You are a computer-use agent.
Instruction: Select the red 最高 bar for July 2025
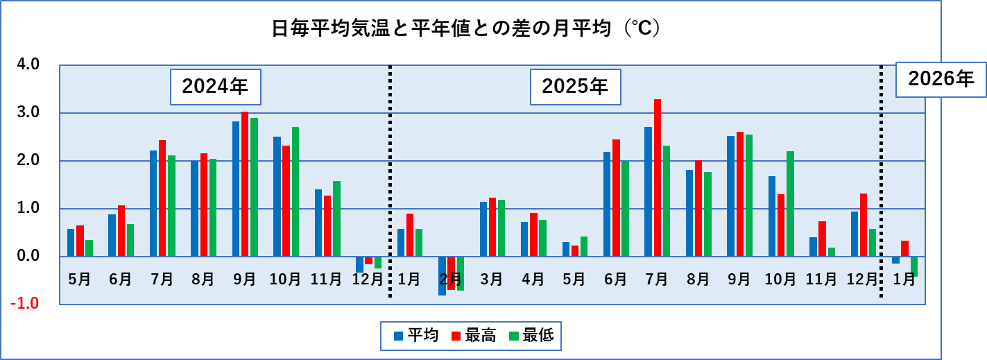(657, 178)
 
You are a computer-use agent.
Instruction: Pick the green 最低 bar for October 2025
(790, 204)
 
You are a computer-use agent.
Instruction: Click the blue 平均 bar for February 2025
(442, 276)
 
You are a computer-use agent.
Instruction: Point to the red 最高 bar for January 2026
(904, 248)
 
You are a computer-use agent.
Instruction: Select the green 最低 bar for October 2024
(295, 191)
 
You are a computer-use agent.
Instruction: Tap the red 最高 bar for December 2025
(864, 225)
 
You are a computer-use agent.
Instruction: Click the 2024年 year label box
(215, 87)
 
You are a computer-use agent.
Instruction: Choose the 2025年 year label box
(575, 87)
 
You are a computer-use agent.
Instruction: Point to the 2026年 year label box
(941, 79)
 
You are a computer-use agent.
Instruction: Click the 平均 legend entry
(416, 336)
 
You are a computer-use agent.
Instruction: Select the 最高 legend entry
(474, 336)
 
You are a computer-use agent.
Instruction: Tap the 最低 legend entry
(531, 336)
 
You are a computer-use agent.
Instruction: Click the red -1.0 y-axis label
(26, 304)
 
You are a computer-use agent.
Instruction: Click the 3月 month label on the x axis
(492, 280)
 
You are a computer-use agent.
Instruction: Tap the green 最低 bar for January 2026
(914, 267)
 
